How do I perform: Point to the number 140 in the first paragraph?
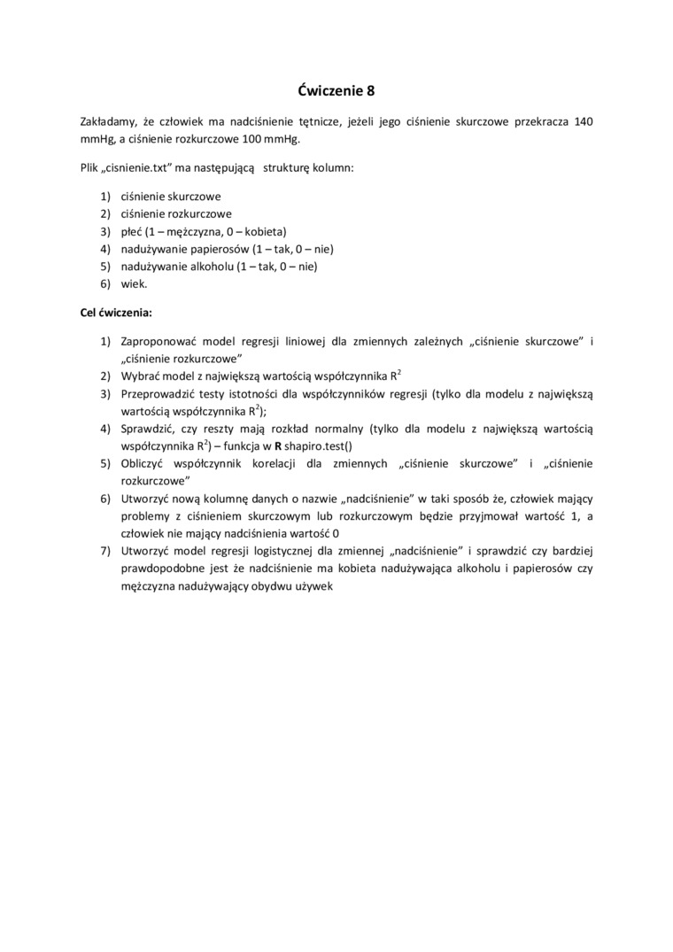584,121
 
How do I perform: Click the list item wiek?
134,283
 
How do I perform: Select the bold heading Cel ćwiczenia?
116,313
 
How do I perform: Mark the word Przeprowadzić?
159,394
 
